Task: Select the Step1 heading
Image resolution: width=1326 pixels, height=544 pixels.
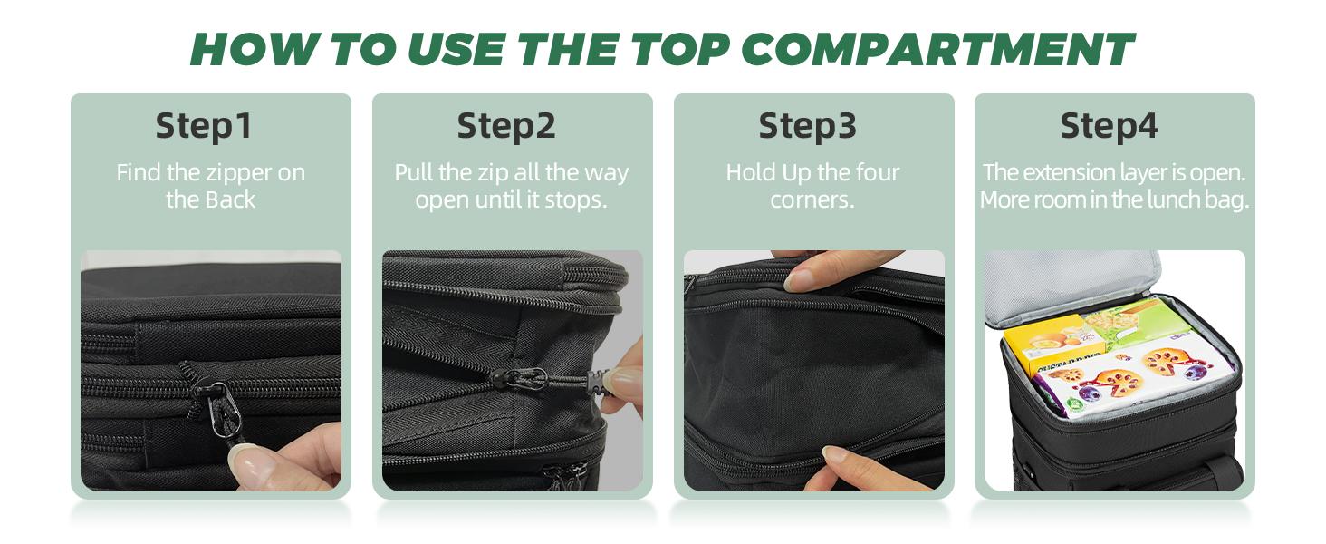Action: click(203, 126)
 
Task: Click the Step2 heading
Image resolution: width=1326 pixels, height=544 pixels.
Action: click(505, 126)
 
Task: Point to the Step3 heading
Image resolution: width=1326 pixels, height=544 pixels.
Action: click(807, 126)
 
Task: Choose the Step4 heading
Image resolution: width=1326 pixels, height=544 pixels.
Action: click(1109, 126)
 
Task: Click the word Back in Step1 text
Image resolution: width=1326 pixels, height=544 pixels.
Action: click(234, 200)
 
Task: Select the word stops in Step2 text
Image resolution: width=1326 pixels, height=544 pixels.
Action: click(578, 200)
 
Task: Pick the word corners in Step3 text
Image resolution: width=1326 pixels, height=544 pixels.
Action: click(812, 200)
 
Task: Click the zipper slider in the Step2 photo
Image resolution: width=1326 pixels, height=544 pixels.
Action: click(526, 379)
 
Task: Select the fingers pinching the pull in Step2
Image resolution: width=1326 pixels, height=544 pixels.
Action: click(621, 381)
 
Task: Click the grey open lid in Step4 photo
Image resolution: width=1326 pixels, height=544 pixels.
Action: click(1069, 286)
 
